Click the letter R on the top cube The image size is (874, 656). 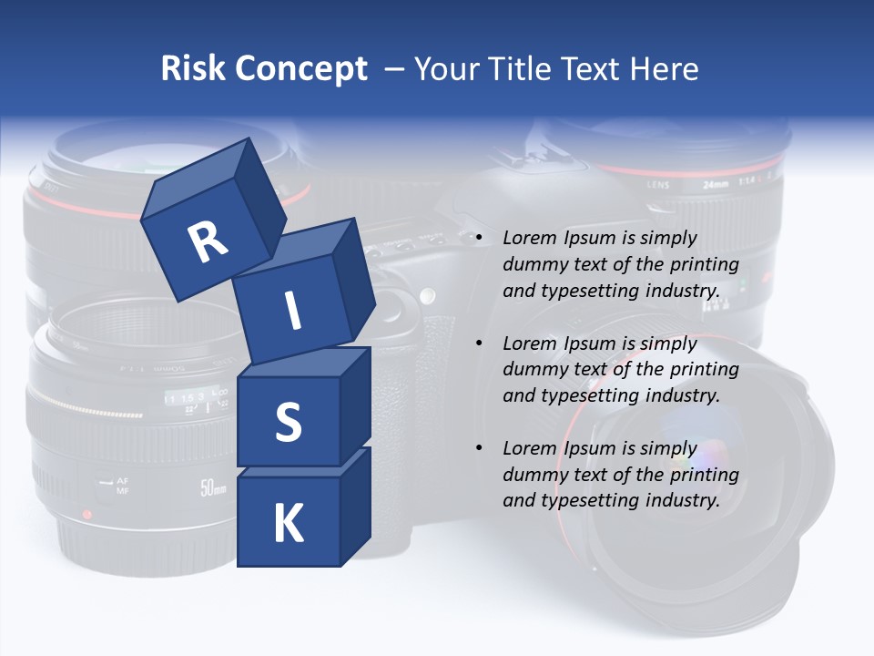[x=208, y=241]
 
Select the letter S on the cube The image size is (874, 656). [x=288, y=422]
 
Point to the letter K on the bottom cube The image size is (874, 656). [x=288, y=524]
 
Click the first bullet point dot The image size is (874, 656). [x=479, y=238]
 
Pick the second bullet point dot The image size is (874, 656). [x=479, y=343]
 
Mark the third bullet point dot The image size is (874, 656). [x=479, y=448]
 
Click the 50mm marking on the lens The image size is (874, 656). [x=213, y=487]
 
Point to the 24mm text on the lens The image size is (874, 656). [x=716, y=183]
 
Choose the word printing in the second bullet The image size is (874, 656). [x=706, y=369]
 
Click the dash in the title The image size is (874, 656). [x=395, y=69]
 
